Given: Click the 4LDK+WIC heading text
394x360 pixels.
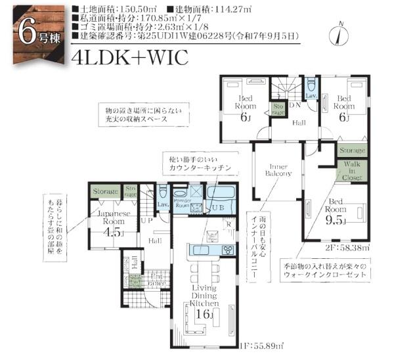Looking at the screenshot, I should [131, 58].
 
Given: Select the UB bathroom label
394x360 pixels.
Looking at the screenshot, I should [219, 208].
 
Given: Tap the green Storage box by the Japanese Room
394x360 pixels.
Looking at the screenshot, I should [105, 192].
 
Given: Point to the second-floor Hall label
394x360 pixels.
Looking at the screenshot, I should [299, 123].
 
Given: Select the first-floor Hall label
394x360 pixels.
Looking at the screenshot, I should [154, 242].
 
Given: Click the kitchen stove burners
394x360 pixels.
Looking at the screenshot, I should [228, 250].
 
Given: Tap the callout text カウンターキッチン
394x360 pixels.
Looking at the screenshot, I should [200, 168].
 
